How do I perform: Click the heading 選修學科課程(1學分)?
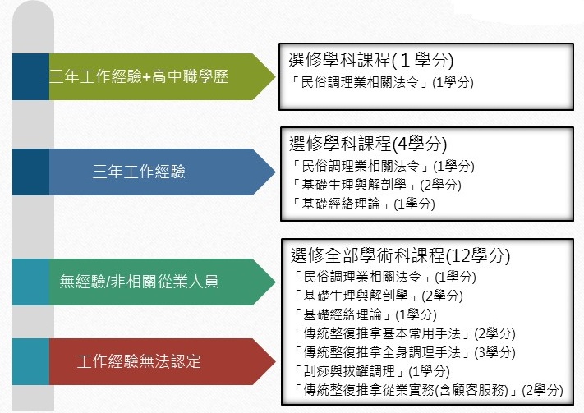pyautogui.click(x=371, y=60)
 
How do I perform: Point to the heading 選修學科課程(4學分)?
pyautogui.click(x=368, y=144)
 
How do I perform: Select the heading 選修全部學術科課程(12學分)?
pyautogui.click(x=400, y=255)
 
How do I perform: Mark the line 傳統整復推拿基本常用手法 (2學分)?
pyautogui.click(x=404, y=333)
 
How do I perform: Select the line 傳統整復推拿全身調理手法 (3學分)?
pyautogui.click(x=404, y=352)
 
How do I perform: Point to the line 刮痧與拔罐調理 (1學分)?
pyautogui.click(x=372, y=371)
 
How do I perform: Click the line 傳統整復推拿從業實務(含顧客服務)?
pyautogui.click(x=428, y=390)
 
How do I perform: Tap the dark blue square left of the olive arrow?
pyautogui.click(x=31, y=76)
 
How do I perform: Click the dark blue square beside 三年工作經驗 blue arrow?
pyautogui.click(x=31, y=172)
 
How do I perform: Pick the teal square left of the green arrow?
pyautogui.click(x=31, y=282)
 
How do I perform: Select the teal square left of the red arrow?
pyautogui.click(x=31, y=361)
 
